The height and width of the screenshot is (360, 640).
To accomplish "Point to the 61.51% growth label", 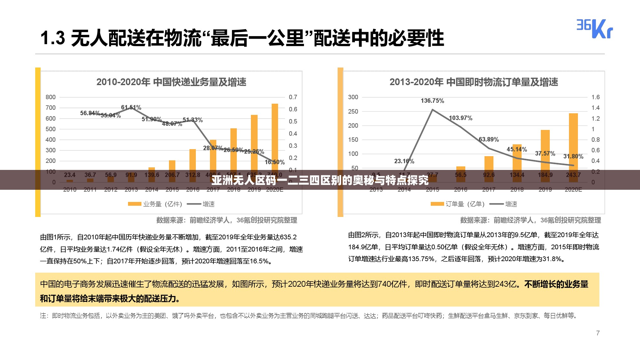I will [x=131, y=108].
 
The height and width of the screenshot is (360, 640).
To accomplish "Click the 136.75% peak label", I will [x=432, y=101].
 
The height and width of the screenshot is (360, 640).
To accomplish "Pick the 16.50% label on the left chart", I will [x=275, y=162].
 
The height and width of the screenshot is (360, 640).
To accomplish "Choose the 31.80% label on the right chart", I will [x=573, y=156].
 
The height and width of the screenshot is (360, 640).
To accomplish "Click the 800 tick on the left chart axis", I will [x=51, y=97].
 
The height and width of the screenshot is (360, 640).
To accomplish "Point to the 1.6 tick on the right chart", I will [x=596, y=97].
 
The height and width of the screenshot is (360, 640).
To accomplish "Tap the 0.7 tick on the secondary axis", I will [x=293, y=97].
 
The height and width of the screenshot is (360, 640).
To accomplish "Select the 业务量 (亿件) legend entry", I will [x=155, y=204].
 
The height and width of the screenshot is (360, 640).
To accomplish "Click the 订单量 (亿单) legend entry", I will [x=458, y=204].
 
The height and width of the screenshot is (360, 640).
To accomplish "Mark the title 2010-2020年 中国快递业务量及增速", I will [x=171, y=82].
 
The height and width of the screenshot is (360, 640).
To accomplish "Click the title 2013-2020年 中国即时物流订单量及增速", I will [x=474, y=82].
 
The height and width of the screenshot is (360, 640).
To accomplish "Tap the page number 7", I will [x=598, y=333].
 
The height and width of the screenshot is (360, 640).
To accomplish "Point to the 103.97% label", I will [x=460, y=118].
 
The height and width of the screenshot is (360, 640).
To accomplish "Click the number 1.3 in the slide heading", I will [x=52, y=38].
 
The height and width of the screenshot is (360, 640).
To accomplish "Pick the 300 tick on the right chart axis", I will [x=353, y=97].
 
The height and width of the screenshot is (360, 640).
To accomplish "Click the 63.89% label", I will [x=489, y=140].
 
